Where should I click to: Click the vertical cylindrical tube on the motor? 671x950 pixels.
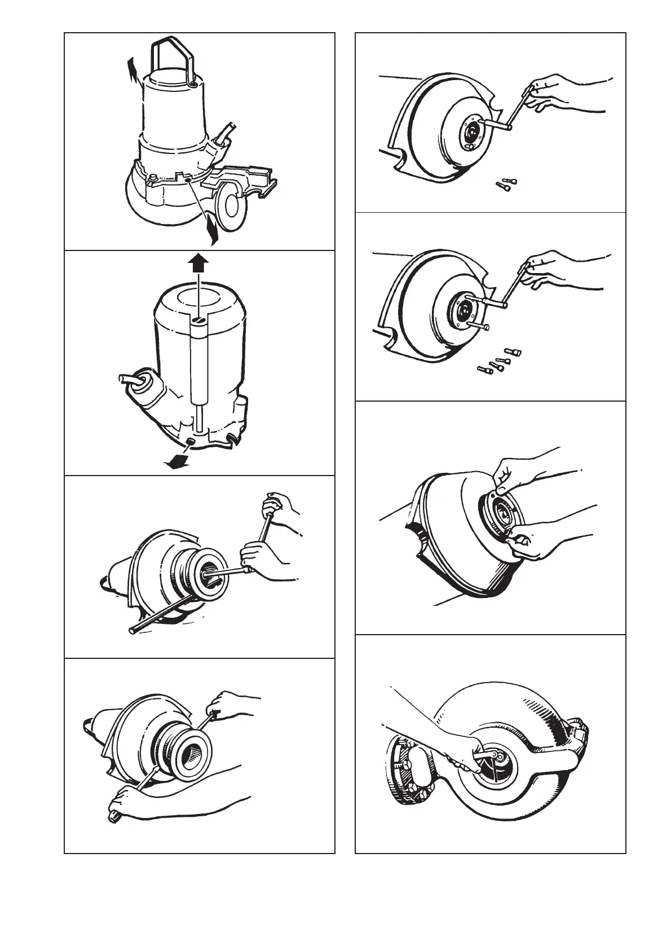(x=198, y=361)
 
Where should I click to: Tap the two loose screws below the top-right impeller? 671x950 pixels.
(x=506, y=184)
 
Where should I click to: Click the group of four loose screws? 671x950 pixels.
(x=499, y=360)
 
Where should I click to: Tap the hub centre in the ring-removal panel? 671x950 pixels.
(x=502, y=512)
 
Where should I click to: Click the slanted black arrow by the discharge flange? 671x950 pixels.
(x=211, y=229)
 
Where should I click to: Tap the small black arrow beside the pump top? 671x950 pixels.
(x=133, y=72)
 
